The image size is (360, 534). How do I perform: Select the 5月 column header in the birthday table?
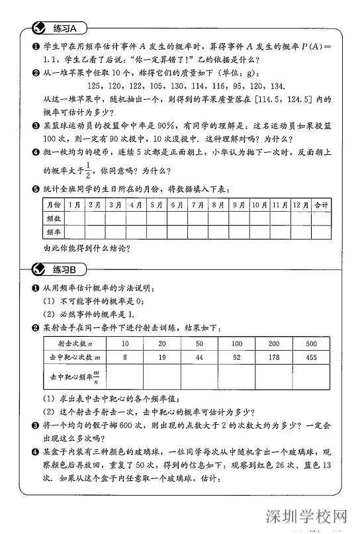click(x=156, y=205)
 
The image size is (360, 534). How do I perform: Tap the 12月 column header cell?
click(x=300, y=205)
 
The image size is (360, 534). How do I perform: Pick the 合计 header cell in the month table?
click(x=322, y=205)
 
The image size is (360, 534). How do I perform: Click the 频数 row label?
click(x=54, y=218)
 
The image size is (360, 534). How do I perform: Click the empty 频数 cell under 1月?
click(x=75, y=218)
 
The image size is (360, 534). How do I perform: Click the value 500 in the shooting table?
click(x=312, y=344)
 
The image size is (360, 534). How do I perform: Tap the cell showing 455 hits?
click(x=312, y=357)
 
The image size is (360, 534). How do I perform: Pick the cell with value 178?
click(x=274, y=357)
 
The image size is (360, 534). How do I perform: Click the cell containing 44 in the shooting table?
click(x=199, y=357)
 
